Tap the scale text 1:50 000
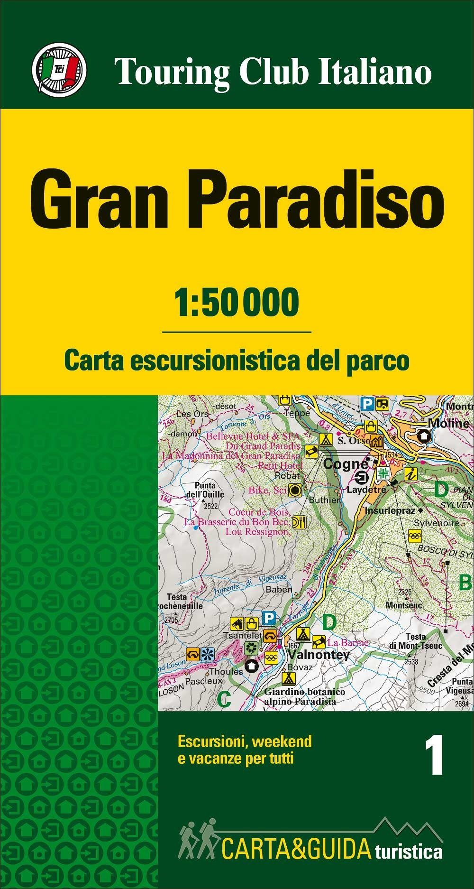click(237, 302)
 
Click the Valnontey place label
click(319, 655)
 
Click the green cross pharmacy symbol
click(383, 473)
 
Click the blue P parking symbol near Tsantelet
click(269, 618)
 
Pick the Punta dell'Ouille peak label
click(208, 490)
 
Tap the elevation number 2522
click(210, 506)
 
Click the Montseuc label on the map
click(403, 605)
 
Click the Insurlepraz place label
click(390, 511)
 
